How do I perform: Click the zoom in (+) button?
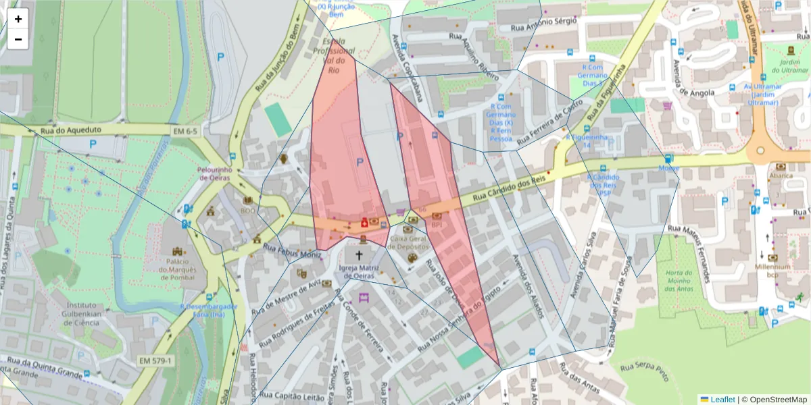[x=18, y=19]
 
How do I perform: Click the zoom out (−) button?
[x=18, y=39]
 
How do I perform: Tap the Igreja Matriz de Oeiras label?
[x=359, y=271]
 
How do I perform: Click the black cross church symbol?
[x=359, y=255]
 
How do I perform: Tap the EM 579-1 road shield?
[x=156, y=361]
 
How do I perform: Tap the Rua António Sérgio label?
[x=543, y=24]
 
